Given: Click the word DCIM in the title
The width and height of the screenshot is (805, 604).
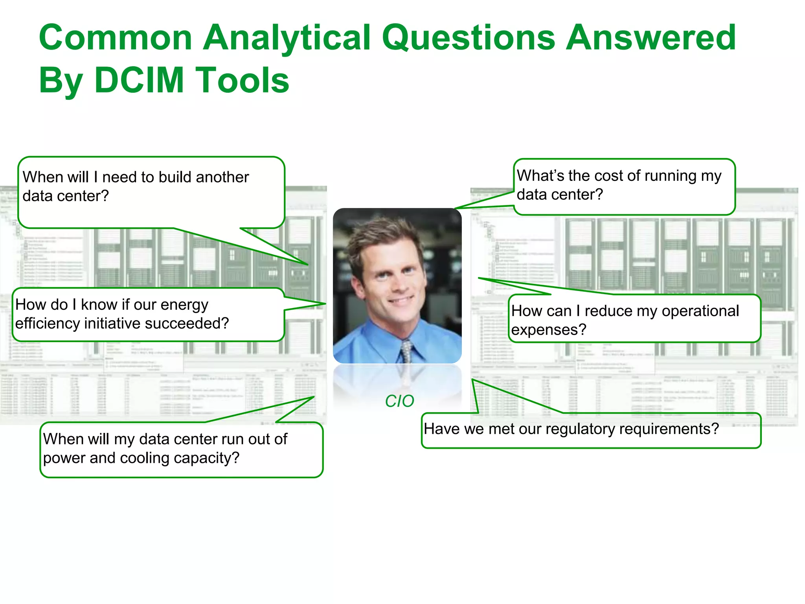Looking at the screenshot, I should pos(139,80).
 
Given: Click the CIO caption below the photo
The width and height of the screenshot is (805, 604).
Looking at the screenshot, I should pos(399,401).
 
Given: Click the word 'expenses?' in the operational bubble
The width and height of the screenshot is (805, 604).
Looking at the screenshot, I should pos(548,330).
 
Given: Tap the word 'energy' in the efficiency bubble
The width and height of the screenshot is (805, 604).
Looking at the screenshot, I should pos(184,305).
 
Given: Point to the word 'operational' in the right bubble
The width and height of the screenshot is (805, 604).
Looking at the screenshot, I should pos(700,311).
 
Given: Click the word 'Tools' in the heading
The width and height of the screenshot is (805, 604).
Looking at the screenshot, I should pos(242,80).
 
